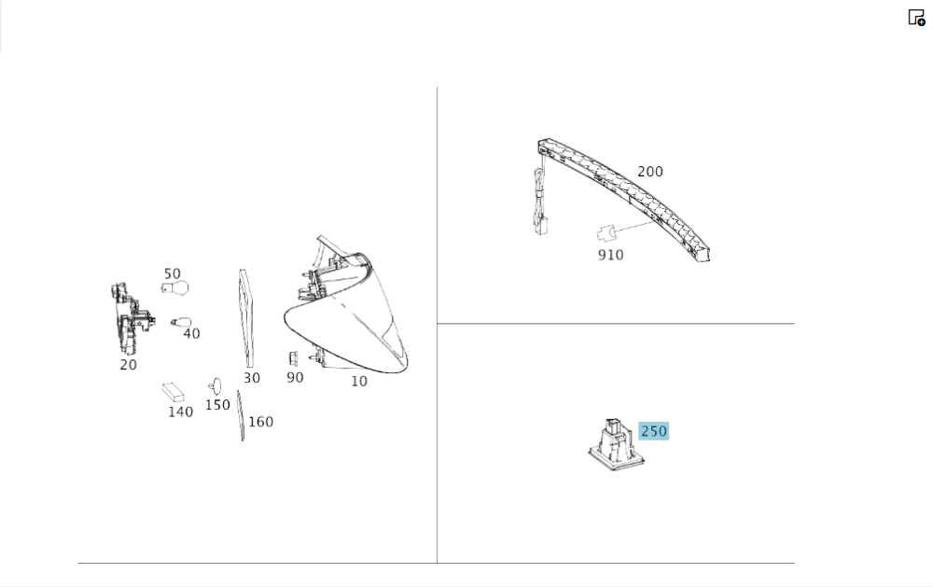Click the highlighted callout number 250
click(653, 431)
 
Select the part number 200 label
click(649, 172)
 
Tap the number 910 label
click(610, 255)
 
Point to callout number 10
click(359, 382)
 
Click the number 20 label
click(128, 365)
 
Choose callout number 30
click(252, 378)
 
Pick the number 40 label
click(191, 334)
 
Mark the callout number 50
click(172, 273)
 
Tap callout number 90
click(295, 378)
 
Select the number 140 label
click(180, 412)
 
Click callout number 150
click(217, 405)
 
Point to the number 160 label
click(260, 422)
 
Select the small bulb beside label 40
click(181, 322)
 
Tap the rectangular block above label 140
click(174, 392)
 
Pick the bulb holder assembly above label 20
click(131, 319)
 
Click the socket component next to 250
click(617, 446)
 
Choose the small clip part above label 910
click(606, 232)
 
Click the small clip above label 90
click(293, 358)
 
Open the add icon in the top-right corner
click(916, 17)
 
